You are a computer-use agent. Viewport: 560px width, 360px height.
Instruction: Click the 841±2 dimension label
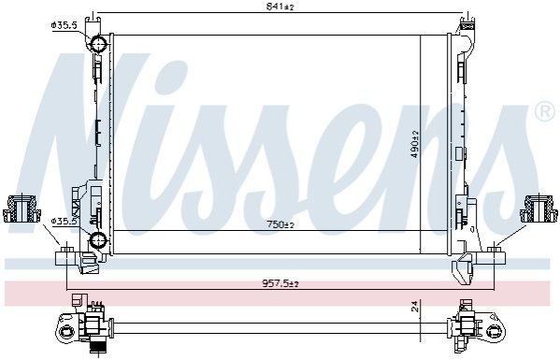point(280,7)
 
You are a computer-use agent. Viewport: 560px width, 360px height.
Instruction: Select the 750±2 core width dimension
point(280,224)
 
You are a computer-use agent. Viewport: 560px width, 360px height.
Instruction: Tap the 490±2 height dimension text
point(415,144)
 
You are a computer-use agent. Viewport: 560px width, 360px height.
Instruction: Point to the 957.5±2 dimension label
point(280,284)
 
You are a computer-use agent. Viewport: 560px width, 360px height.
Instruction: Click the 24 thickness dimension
point(415,307)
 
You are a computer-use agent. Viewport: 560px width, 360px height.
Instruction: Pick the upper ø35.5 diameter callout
point(65,25)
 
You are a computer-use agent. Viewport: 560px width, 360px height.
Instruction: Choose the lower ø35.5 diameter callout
point(65,222)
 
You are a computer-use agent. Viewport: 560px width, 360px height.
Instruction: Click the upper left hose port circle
point(97,44)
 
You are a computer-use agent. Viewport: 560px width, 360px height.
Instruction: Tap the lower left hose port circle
point(97,239)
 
